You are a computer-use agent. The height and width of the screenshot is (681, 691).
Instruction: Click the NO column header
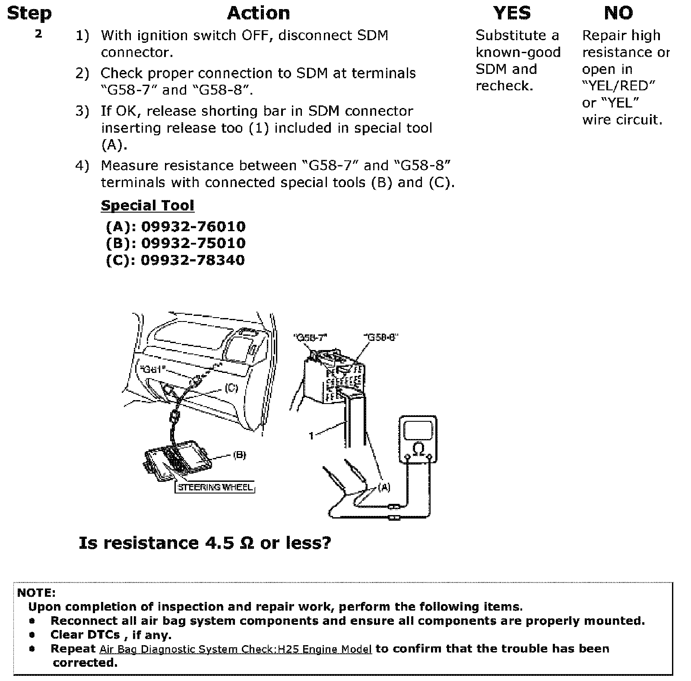click(x=618, y=13)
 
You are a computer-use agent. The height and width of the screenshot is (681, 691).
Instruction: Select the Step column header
click(x=29, y=13)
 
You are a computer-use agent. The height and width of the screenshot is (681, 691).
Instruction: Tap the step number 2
click(x=38, y=34)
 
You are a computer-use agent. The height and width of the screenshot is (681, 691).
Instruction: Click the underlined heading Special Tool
click(x=147, y=205)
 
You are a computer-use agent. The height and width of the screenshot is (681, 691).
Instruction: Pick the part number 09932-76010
click(x=193, y=226)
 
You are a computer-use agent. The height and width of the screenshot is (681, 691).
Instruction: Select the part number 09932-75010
click(x=193, y=243)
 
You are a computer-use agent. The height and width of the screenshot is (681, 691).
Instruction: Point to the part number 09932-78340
click(x=193, y=260)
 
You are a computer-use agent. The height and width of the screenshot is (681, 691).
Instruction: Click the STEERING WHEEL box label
click(x=215, y=487)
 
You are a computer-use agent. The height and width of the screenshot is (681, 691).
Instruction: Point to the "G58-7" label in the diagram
click(x=310, y=337)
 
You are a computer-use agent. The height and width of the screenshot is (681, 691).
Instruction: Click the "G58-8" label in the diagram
click(x=380, y=337)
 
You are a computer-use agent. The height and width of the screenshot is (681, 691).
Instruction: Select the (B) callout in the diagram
click(x=239, y=455)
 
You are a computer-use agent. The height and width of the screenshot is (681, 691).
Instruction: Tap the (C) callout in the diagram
click(x=231, y=388)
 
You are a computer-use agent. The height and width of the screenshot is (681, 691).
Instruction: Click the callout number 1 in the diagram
click(x=311, y=436)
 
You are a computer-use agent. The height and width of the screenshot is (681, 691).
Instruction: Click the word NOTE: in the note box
click(x=36, y=592)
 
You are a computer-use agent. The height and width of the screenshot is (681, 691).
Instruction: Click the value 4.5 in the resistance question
click(x=219, y=543)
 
